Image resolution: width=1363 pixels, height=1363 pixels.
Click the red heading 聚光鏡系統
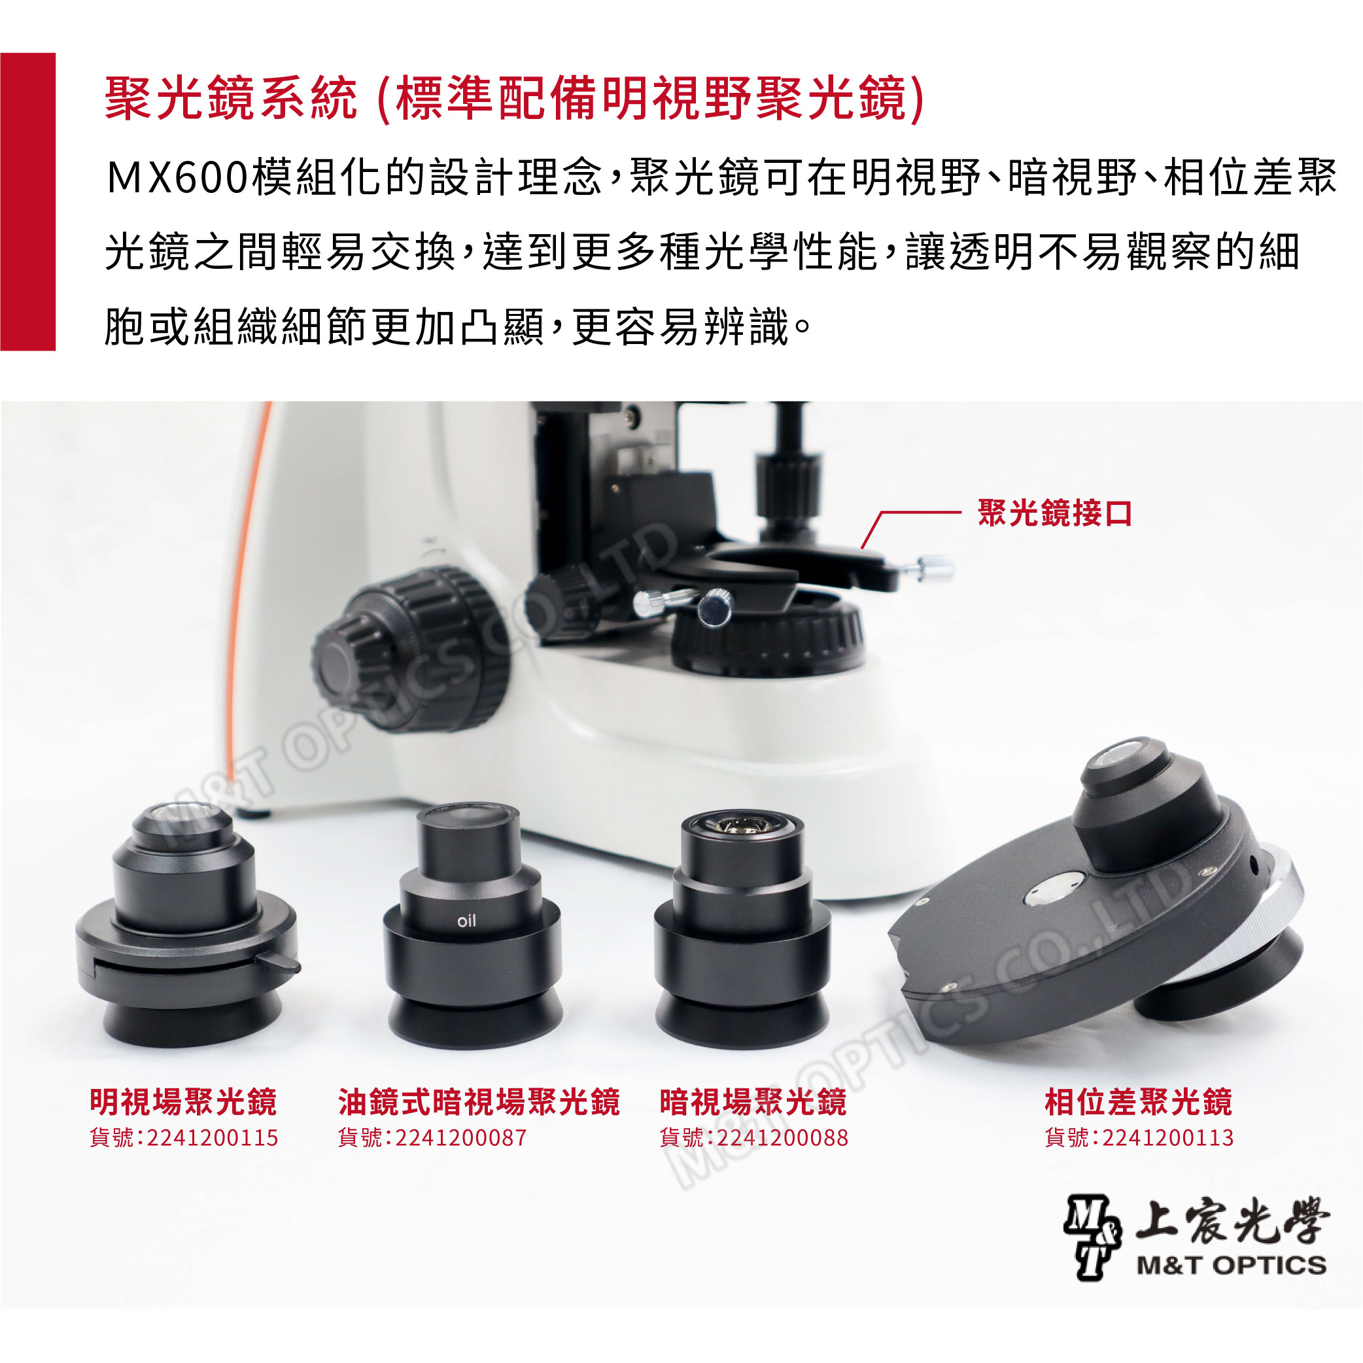click(x=231, y=98)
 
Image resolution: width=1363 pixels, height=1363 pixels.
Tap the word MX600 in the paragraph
click(x=177, y=177)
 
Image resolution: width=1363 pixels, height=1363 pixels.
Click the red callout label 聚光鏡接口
click(x=1055, y=513)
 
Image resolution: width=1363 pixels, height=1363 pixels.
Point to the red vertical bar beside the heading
click(x=27, y=202)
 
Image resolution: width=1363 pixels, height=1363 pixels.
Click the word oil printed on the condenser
click(x=466, y=921)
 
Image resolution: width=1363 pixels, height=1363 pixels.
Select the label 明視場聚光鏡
click(x=183, y=1102)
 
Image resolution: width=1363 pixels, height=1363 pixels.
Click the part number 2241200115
click(x=213, y=1138)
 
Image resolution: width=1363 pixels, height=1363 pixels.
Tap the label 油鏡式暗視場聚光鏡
click(x=479, y=1102)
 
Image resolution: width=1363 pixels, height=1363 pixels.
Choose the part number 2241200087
click(x=460, y=1138)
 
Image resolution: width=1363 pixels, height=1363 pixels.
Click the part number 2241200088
click(x=782, y=1138)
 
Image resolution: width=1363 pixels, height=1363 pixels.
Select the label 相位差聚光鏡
click(x=1139, y=1102)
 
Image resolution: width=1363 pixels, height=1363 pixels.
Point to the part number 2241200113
click(x=1167, y=1138)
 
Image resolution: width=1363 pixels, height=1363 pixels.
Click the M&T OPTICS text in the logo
click(x=1231, y=1265)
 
